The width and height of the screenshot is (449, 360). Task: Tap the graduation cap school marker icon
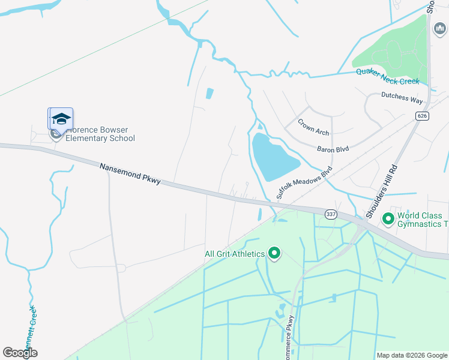[61, 118]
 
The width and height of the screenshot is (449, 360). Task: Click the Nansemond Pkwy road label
[130, 173]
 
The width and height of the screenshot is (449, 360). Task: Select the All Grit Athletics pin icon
[275, 254]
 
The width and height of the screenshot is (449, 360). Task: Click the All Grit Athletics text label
[235, 254]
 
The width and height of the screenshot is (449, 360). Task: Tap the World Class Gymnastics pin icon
[388, 219]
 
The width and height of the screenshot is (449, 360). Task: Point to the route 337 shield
[330, 214]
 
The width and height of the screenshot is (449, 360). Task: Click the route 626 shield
[422, 115]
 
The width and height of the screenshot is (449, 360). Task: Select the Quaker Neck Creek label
[387, 76]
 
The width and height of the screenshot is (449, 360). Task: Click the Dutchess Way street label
[402, 98]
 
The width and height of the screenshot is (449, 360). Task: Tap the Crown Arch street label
[313, 126]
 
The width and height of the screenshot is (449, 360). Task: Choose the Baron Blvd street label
[333, 148]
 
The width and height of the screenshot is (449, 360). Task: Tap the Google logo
[20, 353]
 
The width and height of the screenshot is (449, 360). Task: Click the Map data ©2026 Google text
[412, 355]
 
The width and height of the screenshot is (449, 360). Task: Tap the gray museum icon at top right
[439, 28]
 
